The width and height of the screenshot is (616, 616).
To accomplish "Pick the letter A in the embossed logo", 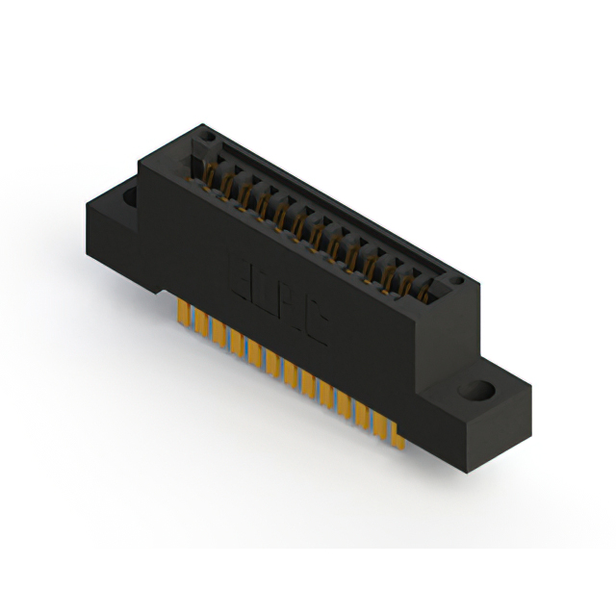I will tap(292, 305).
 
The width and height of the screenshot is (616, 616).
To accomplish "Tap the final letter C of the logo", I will tap(316, 323).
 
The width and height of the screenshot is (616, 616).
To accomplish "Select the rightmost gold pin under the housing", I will tap(397, 435).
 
